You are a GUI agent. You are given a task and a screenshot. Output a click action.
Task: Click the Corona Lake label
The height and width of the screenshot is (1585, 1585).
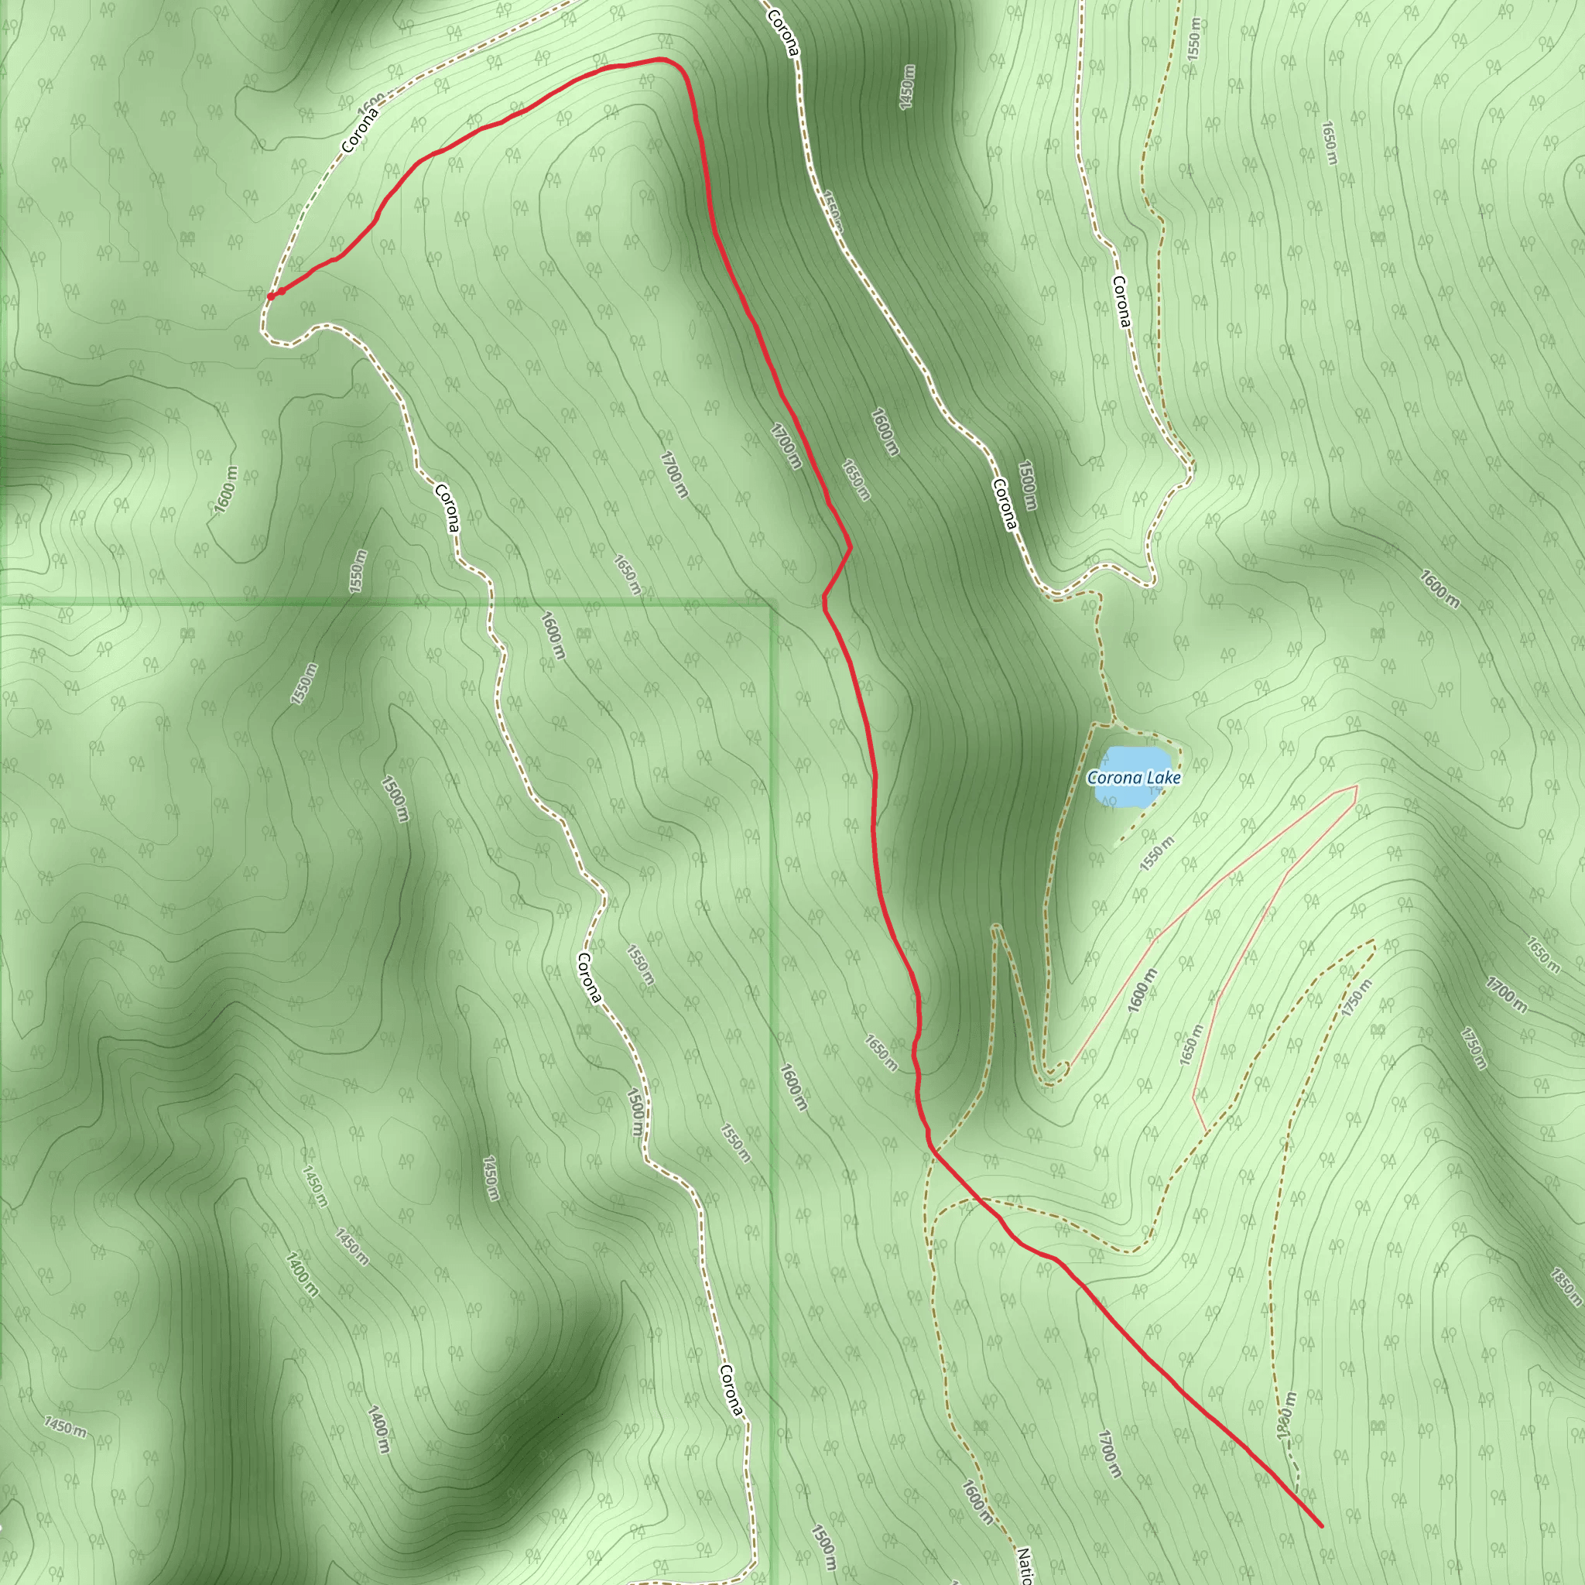pyautogui.click(x=1134, y=777)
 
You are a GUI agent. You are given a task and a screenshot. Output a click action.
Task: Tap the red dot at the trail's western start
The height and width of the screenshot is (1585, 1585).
pyautogui.click(x=271, y=296)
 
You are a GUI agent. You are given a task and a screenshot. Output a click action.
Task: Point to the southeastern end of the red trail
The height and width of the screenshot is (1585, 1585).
pyautogui.click(x=1321, y=1526)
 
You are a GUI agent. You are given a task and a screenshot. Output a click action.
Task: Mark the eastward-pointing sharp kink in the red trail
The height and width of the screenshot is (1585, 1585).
pyautogui.click(x=850, y=546)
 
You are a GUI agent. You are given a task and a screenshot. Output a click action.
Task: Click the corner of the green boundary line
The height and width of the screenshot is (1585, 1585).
pyautogui.click(x=771, y=604)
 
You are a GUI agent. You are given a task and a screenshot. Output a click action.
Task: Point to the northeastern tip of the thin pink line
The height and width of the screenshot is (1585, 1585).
pyautogui.click(x=1356, y=786)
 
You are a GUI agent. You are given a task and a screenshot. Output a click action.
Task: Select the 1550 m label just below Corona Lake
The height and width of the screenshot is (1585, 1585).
pyautogui.click(x=1158, y=853)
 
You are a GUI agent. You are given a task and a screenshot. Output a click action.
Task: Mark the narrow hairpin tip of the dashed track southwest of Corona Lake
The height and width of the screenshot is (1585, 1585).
pyautogui.click(x=995, y=927)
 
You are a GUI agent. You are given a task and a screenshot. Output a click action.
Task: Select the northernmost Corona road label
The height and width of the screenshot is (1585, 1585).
pyautogui.click(x=782, y=33)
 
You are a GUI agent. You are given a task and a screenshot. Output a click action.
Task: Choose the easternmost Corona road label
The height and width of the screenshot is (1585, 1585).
pyautogui.click(x=1121, y=301)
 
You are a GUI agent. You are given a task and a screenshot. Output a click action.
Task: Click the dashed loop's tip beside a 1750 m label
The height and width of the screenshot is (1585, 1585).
pyautogui.click(x=1374, y=942)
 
